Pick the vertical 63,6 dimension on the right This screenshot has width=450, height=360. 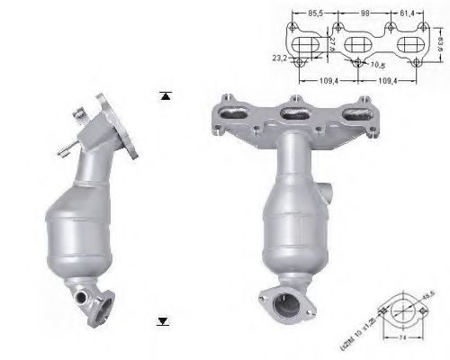coord(441,41)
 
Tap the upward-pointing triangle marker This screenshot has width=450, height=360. coord(165,94)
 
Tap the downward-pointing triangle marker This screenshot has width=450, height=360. coord(163,319)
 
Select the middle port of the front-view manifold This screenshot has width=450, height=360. coord(292,112)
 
